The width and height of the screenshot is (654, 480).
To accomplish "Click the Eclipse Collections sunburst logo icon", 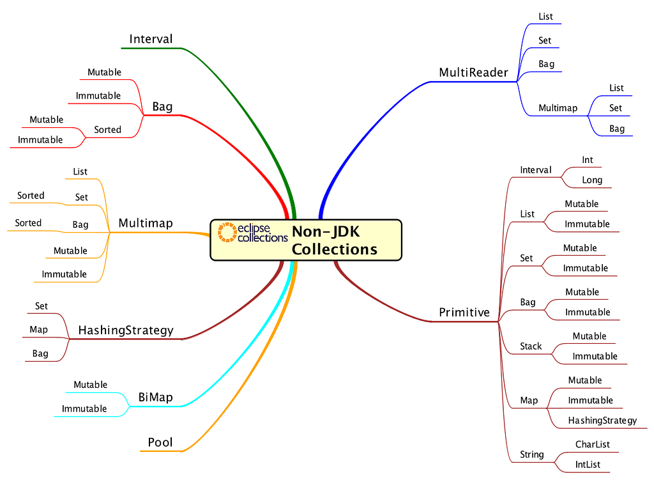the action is click(x=227, y=232).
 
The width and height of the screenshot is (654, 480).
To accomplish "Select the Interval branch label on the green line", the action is click(x=151, y=39).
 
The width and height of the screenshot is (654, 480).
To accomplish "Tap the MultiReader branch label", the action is click(x=473, y=73).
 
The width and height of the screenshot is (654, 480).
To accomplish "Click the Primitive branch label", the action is click(x=464, y=312).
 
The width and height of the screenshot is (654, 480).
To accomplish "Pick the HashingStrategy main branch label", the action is click(x=126, y=330).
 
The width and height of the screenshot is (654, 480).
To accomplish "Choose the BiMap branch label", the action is click(x=156, y=398).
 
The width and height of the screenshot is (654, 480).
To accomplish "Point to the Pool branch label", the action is click(x=160, y=442).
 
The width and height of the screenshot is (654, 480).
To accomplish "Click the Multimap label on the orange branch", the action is click(x=146, y=223).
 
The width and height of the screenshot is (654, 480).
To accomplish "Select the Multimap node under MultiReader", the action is click(x=558, y=108).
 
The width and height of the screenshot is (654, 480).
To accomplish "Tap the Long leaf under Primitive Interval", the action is click(x=592, y=180).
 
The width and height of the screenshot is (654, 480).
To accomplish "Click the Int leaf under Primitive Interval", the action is click(x=588, y=160).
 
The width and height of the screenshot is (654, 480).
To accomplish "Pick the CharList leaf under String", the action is click(x=592, y=444).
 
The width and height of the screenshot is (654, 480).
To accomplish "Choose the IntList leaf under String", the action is click(x=588, y=465).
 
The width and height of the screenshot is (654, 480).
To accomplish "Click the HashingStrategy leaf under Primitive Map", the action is click(x=602, y=421).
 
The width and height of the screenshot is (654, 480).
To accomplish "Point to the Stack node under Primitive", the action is click(x=531, y=346).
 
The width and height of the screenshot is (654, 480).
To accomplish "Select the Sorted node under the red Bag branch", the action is click(x=107, y=130).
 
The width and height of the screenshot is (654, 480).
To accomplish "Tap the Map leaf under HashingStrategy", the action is click(x=38, y=330).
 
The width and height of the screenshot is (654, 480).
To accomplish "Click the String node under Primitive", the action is click(x=532, y=454).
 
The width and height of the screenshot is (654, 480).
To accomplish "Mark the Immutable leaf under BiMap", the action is click(x=84, y=408).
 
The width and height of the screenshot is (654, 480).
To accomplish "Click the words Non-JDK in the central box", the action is click(x=325, y=231).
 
